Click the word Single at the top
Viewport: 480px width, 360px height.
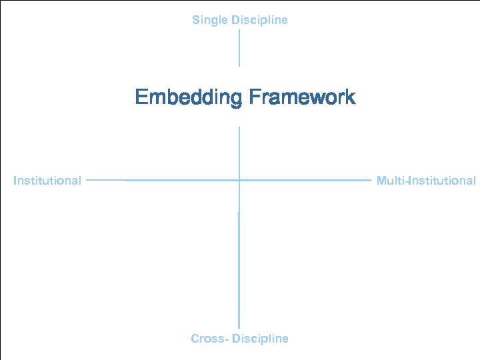(209, 20)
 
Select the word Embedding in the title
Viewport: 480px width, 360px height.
(189, 97)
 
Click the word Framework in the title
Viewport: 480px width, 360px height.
(302, 97)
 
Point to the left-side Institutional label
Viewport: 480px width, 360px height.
(47, 180)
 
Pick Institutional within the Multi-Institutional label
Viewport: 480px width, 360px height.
(442, 180)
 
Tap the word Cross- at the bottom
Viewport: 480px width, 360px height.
(210, 339)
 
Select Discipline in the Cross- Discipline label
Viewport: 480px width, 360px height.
(260, 339)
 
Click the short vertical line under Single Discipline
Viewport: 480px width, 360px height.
(239, 47)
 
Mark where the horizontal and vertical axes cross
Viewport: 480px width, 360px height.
(239, 180)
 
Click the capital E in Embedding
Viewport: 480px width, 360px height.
(141, 97)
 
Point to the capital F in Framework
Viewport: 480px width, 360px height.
(254, 97)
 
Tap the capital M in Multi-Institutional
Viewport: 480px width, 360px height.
(381, 180)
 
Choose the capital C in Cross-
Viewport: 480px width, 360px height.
(195, 339)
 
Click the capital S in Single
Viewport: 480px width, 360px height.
(196, 20)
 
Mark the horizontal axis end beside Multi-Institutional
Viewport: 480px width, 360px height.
(369, 180)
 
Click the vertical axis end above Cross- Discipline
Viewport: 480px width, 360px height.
(239, 327)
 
